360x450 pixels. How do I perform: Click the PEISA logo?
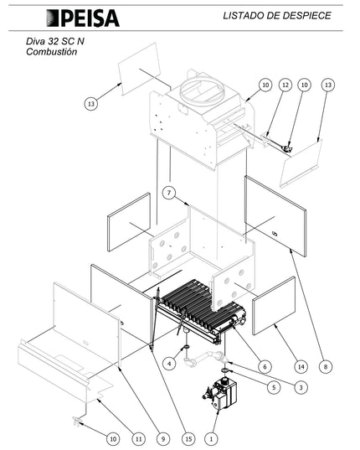tap(83, 18)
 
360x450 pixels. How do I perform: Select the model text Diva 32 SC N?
tap(55, 41)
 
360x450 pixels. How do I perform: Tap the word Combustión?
tap(52, 52)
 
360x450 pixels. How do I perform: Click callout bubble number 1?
tap(211, 438)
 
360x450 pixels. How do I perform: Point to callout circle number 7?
tap(169, 193)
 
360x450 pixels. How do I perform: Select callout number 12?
tap(285, 85)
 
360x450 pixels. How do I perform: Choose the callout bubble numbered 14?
tap(301, 366)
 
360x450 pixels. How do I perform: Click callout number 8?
tap(326, 366)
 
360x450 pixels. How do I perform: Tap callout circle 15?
tap(188, 438)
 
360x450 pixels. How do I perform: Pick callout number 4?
tap(169, 364)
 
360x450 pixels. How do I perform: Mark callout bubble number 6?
tap(265, 366)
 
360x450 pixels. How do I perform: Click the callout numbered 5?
tap(274, 387)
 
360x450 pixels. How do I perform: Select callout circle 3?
tap(301, 387)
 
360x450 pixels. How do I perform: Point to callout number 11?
tap(138, 438)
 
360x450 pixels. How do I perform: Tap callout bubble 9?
tap(163, 438)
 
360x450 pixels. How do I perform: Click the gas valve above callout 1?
tap(219, 394)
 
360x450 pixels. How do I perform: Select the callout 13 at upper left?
tap(91, 104)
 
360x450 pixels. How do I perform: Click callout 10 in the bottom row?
tap(113, 438)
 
